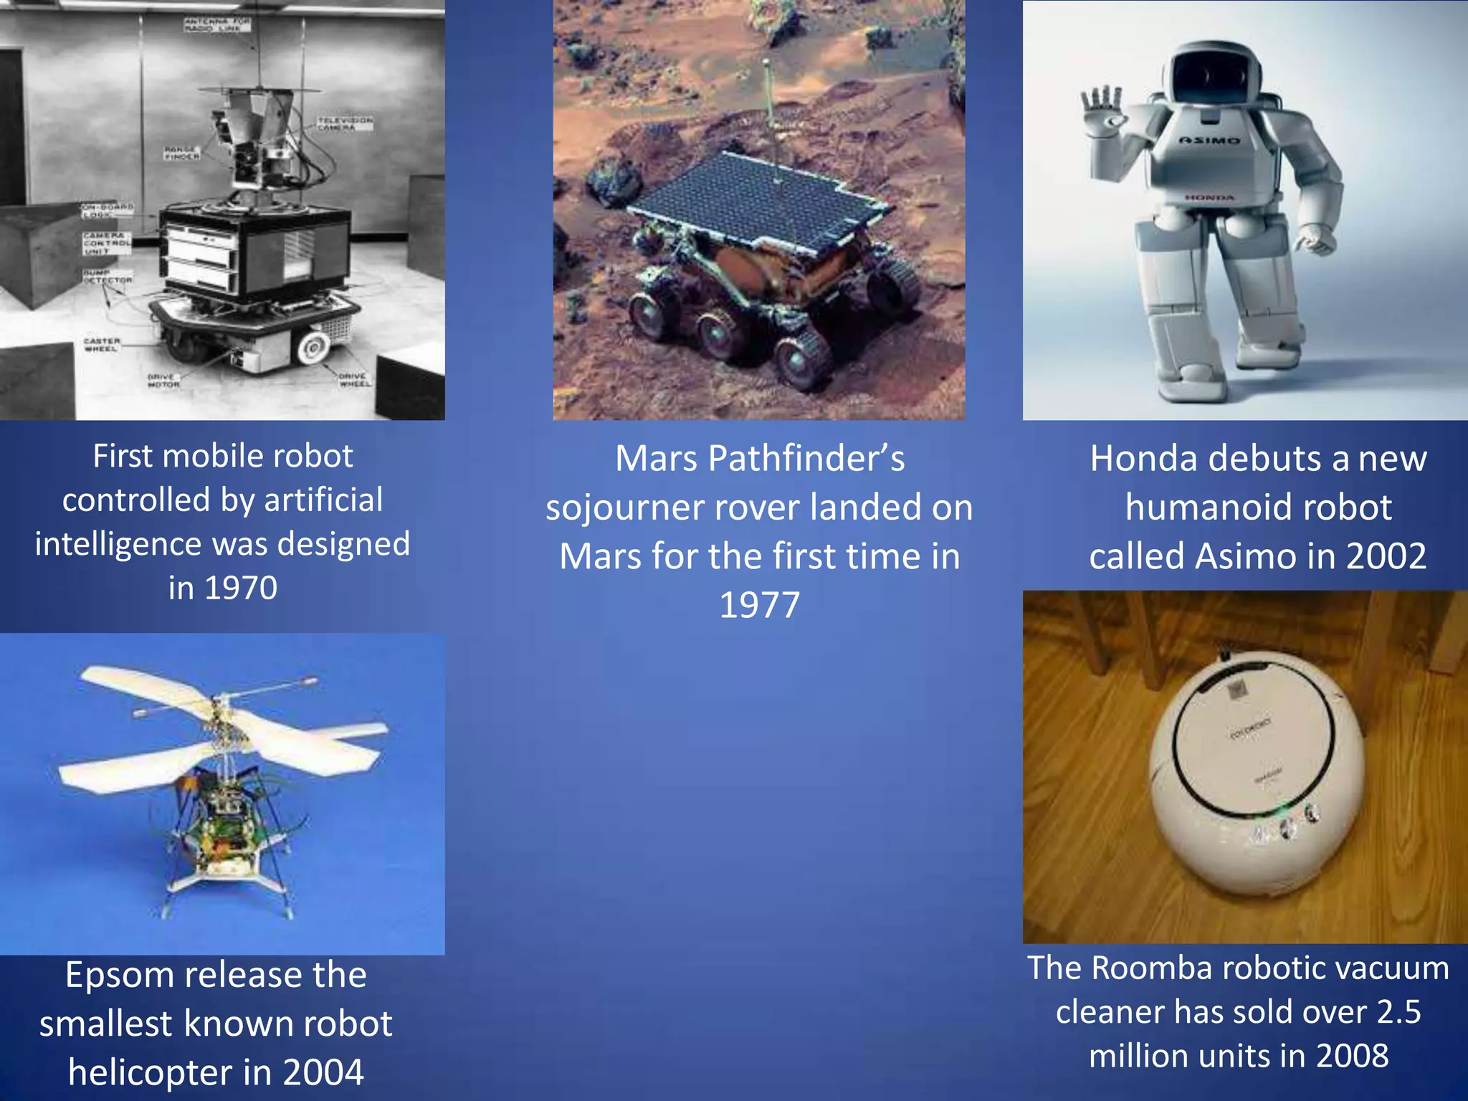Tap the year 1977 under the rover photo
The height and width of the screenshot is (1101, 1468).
click(x=759, y=606)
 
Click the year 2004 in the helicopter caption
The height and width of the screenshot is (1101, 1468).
click(x=323, y=1072)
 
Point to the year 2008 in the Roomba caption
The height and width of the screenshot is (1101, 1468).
click(x=1352, y=1057)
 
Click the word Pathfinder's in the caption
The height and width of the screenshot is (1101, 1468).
click(x=806, y=459)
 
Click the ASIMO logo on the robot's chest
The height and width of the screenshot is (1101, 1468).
click(x=1209, y=140)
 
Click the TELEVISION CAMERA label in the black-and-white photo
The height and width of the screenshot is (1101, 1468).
click(x=345, y=123)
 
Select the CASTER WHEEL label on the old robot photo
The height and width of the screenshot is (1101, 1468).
click(x=102, y=345)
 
